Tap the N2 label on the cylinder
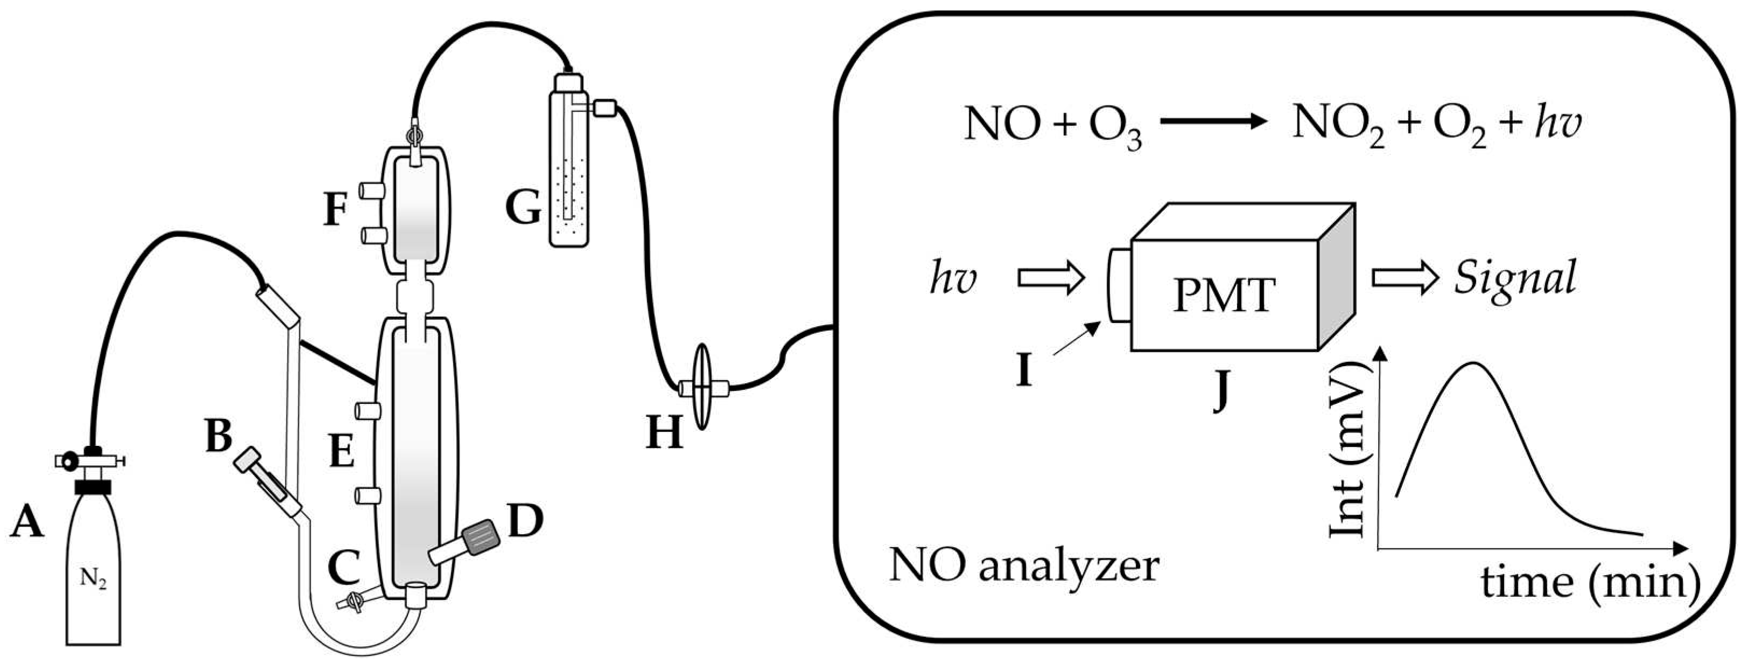point(93,579)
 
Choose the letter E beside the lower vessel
point(341,452)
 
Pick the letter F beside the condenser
point(335,211)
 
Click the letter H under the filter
point(663,433)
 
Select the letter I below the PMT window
point(1024,371)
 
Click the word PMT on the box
point(1224,296)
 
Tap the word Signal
point(1515,279)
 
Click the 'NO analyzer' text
point(1024,566)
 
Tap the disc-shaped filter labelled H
point(703,388)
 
